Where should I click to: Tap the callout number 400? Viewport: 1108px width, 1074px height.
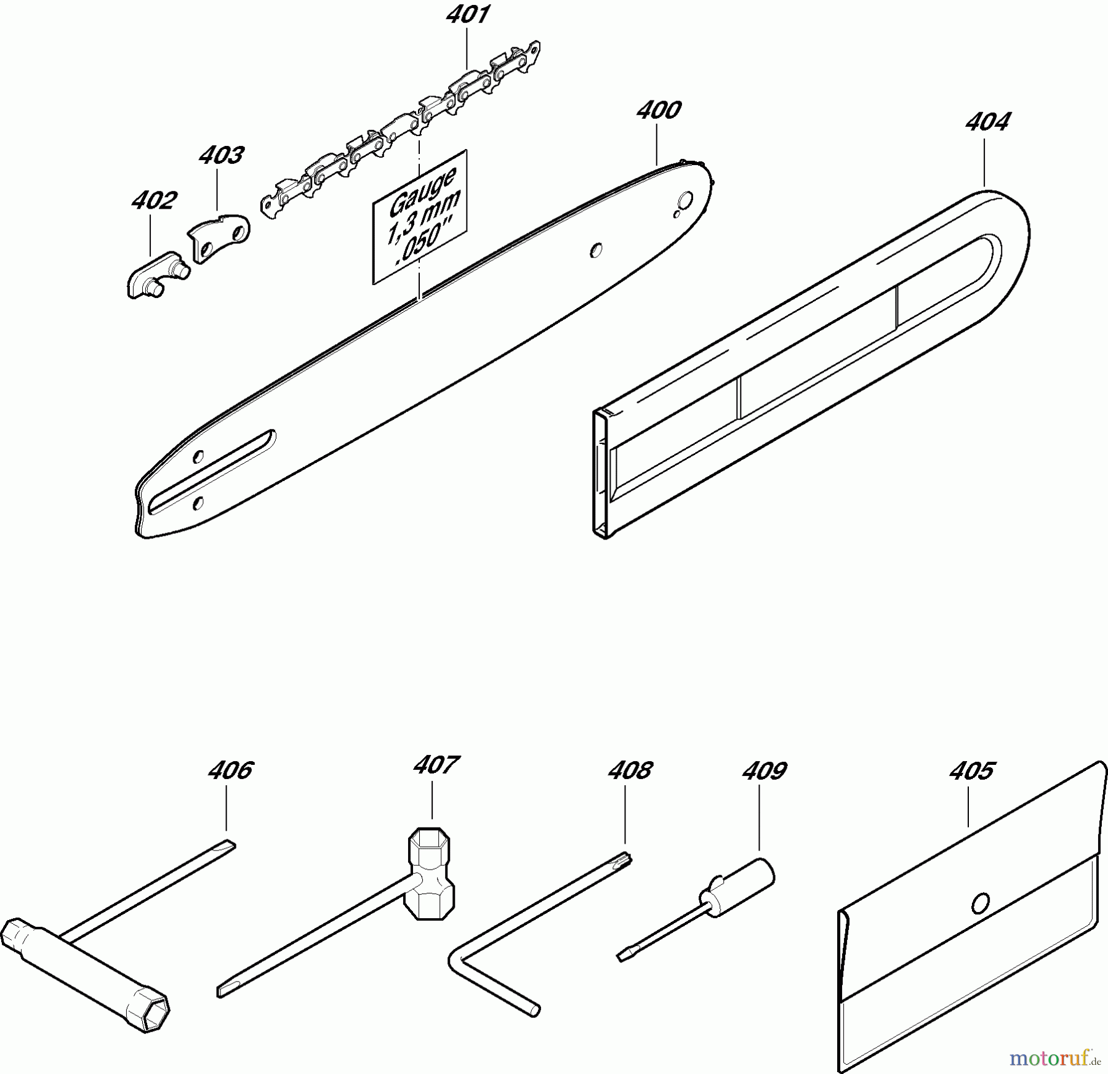pos(659,111)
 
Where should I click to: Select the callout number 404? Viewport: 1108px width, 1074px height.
pos(987,122)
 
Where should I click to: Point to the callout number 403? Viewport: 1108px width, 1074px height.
pos(222,155)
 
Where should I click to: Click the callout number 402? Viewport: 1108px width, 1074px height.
pos(154,200)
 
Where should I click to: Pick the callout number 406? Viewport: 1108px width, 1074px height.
pos(231,770)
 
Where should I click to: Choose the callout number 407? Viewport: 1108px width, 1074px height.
pos(436,765)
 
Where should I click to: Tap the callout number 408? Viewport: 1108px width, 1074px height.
pos(630,770)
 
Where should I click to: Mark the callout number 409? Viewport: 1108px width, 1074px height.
pos(765,770)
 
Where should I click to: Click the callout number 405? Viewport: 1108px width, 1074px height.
pos(972,770)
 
